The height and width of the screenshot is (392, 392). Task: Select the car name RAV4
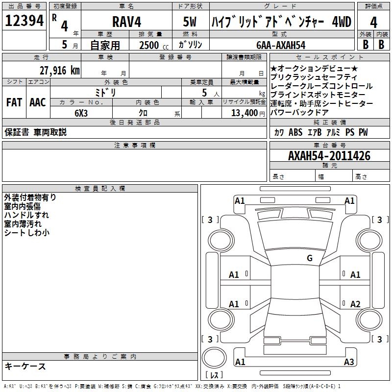(x=127, y=22)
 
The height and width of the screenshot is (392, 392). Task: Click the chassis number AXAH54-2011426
(x=329, y=156)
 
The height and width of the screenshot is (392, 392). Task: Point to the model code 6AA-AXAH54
(x=281, y=45)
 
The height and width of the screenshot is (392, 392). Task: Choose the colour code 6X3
(x=81, y=113)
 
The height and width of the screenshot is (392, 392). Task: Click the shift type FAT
(x=14, y=102)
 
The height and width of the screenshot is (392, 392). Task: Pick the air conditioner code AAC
(x=38, y=102)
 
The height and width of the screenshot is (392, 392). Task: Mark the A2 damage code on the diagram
(x=355, y=304)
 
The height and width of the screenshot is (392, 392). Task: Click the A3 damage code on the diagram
(x=348, y=362)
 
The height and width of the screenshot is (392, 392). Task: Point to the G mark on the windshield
(x=310, y=258)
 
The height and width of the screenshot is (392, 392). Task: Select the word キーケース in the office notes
(x=25, y=367)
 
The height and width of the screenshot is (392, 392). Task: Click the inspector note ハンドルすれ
(x=26, y=215)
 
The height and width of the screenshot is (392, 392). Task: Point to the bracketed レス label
(x=214, y=375)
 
